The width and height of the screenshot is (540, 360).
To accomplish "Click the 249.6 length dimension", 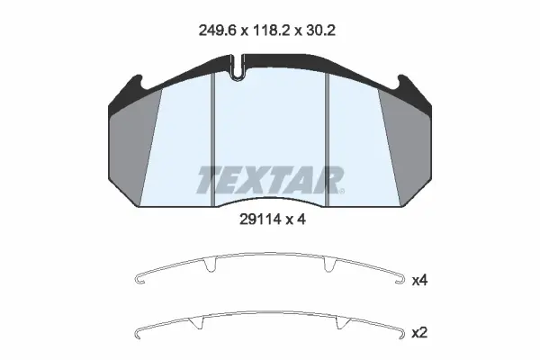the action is click(x=217, y=31).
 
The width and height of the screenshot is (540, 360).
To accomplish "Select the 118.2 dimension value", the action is click(x=272, y=31).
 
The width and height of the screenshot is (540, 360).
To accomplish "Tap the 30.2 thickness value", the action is click(x=321, y=31).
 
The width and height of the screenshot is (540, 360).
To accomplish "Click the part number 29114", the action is click(x=259, y=220).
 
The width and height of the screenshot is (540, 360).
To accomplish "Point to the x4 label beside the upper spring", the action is click(x=419, y=281).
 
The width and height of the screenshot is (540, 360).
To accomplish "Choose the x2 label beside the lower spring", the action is click(x=419, y=333).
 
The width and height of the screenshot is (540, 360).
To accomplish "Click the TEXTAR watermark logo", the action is click(x=270, y=180).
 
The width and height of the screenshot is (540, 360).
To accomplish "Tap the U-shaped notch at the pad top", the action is click(x=237, y=67).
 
